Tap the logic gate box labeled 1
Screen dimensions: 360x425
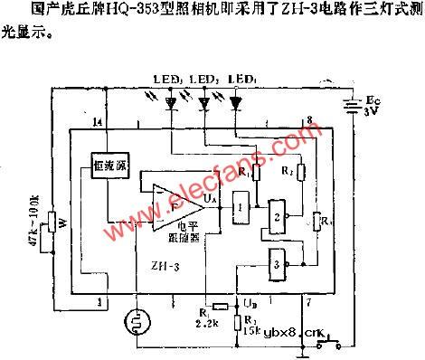point(239,207)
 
